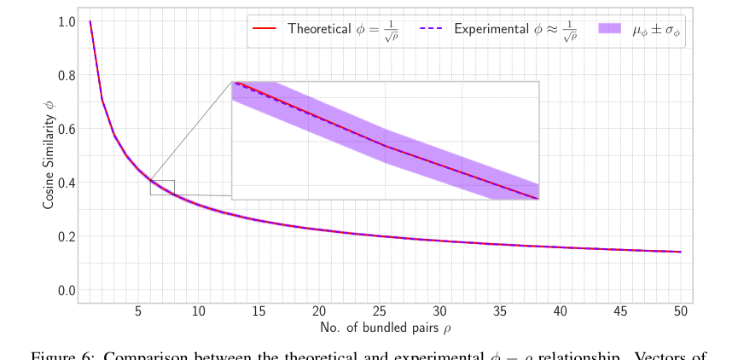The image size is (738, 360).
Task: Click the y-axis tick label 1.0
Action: click(x=66, y=21)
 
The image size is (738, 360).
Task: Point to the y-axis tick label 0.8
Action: click(x=66, y=75)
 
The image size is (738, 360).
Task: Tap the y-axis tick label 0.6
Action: click(x=66, y=129)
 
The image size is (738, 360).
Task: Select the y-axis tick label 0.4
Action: click(x=66, y=183)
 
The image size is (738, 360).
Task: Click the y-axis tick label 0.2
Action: click(x=66, y=236)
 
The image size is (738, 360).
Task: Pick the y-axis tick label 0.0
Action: click(x=66, y=290)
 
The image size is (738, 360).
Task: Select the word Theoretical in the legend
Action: click(x=319, y=29)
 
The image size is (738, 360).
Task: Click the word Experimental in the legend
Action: click(x=490, y=29)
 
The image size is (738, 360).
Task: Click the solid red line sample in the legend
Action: click(x=265, y=29)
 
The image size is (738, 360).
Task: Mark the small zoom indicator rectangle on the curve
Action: click(x=162, y=188)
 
